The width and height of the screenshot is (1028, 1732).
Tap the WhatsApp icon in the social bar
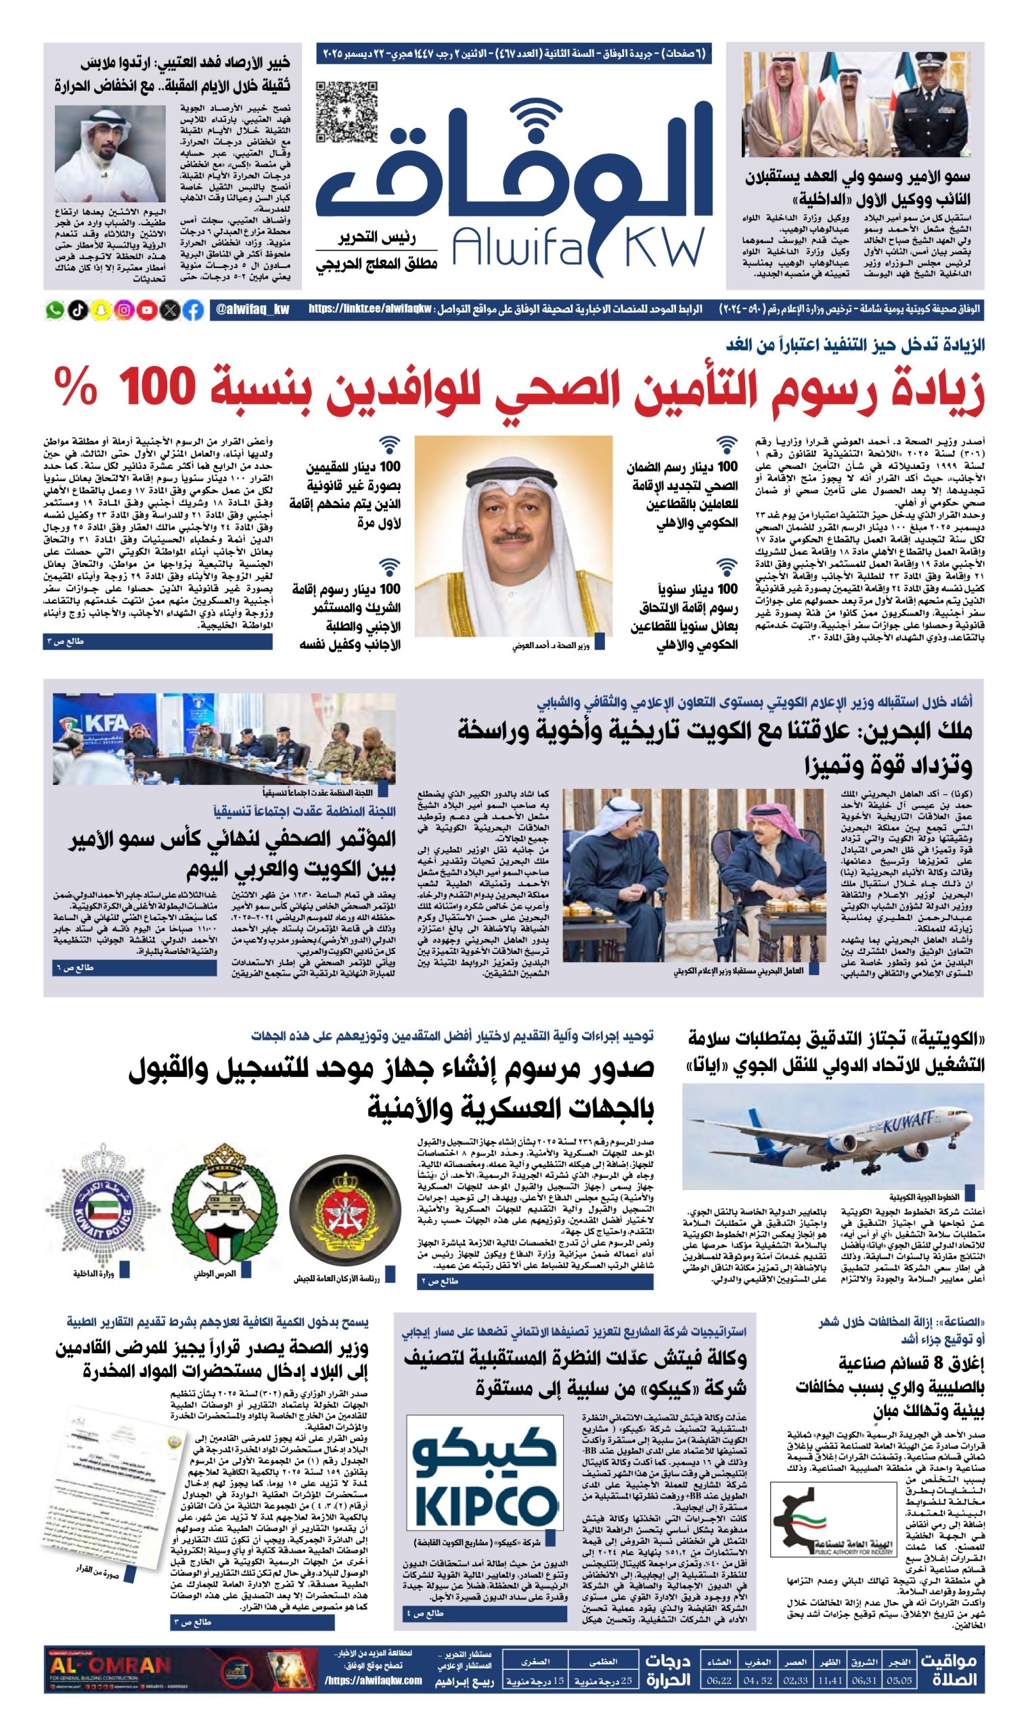(54, 311)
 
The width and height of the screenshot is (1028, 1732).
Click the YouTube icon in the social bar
(147, 311)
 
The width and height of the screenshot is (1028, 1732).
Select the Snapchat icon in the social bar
(100, 311)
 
